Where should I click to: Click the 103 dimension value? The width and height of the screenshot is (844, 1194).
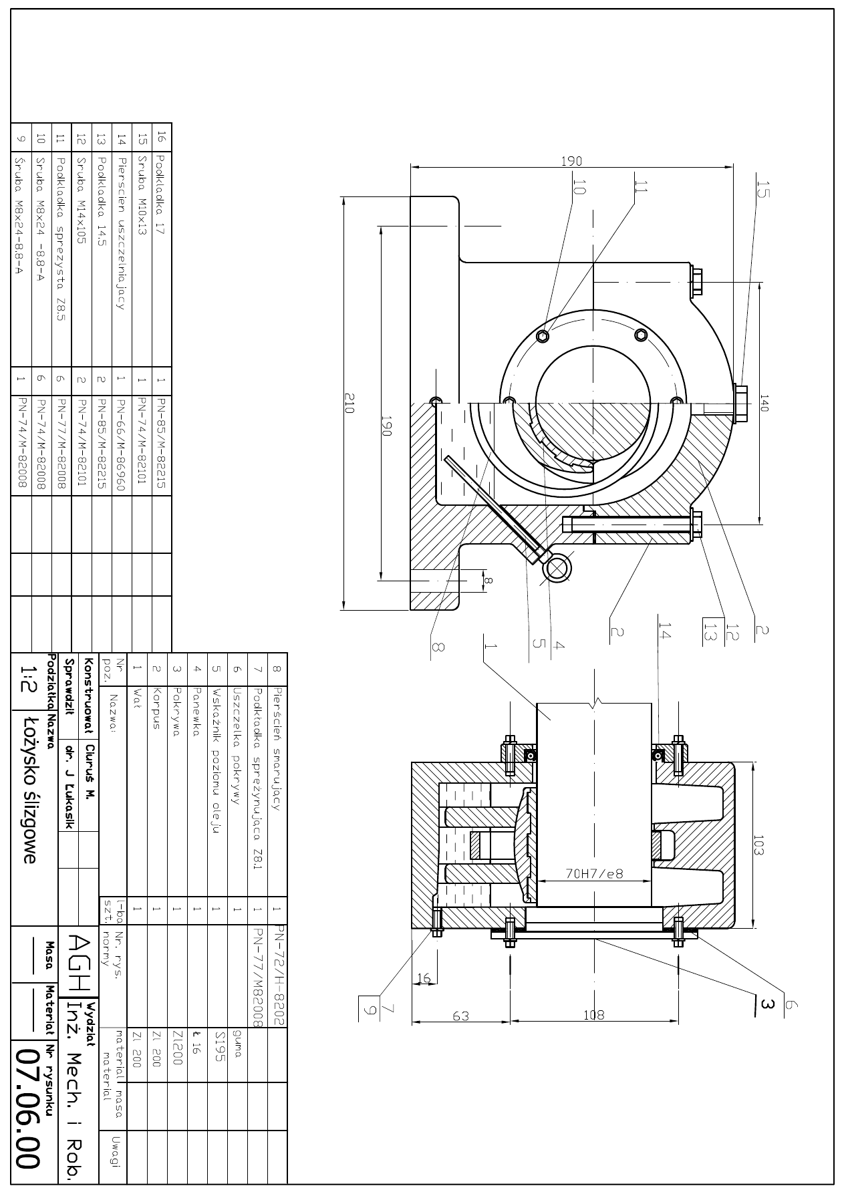[x=758, y=845]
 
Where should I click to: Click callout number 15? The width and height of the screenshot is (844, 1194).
[x=764, y=190]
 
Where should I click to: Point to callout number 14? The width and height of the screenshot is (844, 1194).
[x=664, y=630]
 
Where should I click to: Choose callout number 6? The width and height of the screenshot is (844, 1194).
[x=792, y=1004]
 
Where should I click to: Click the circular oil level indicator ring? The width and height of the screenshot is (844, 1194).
[x=557, y=568]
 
